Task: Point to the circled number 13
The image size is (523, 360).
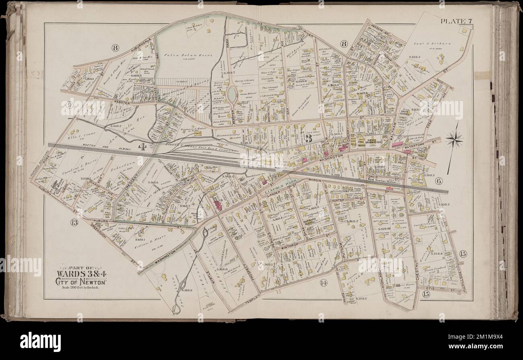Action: [74, 222]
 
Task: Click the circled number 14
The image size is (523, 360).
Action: [323, 283]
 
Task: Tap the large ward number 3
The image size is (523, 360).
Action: [309, 139]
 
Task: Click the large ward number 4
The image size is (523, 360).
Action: [142, 147]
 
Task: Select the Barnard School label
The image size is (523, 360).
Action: [309, 223]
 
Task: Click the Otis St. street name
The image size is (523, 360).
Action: [442, 289]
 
